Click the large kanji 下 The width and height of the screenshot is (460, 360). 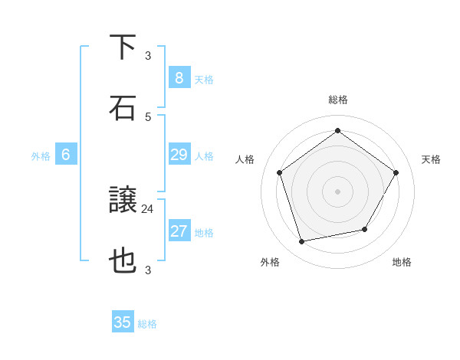pyautogui.click(x=123, y=47)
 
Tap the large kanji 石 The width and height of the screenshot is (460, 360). pyautogui.click(x=123, y=108)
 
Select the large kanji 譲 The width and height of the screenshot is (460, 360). pyautogui.click(x=123, y=201)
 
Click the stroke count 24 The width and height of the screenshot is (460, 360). pyautogui.click(x=148, y=208)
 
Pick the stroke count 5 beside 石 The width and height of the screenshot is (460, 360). pyautogui.click(x=148, y=116)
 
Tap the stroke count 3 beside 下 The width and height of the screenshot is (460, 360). pyautogui.click(x=148, y=55)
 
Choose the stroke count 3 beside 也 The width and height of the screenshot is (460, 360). pyautogui.click(x=148, y=270)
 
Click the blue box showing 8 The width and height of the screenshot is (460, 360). pyautogui.click(x=179, y=77)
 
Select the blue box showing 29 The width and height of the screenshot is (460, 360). pyautogui.click(x=179, y=155)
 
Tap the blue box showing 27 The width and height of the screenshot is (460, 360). pyautogui.click(x=179, y=231)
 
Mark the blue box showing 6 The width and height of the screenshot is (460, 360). pyautogui.click(x=66, y=155)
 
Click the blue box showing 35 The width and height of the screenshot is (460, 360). pyautogui.click(x=123, y=322)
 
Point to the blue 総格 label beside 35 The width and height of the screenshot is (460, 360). pyautogui.click(x=147, y=324)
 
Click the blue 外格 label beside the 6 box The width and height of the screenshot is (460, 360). pyautogui.click(x=41, y=156)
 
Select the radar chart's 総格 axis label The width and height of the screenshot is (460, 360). pyautogui.click(x=337, y=100)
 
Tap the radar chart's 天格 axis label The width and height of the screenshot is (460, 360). pyautogui.click(x=431, y=159)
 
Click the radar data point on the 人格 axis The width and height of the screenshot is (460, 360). pyautogui.click(x=279, y=172)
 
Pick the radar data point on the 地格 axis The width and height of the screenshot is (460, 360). pyautogui.click(x=365, y=229)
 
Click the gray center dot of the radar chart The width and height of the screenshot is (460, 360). pyautogui.click(x=337, y=191)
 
